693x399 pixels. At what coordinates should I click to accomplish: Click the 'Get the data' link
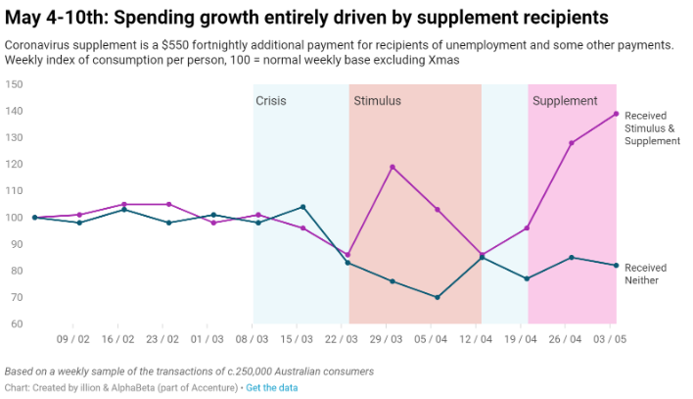pyautogui.click(x=272, y=388)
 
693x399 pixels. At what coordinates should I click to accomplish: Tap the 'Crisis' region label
pyautogui.click(x=271, y=101)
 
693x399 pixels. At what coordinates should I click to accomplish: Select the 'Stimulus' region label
pyautogui.click(x=377, y=101)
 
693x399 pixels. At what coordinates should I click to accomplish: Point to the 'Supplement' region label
pyautogui.click(x=565, y=101)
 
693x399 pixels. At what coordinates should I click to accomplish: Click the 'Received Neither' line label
pyautogui.click(x=645, y=274)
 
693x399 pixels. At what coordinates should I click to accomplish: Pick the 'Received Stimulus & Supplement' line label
pyautogui.click(x=652, y=128)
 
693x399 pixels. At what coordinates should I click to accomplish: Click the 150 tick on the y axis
pyautogui.click(x=15, y=84)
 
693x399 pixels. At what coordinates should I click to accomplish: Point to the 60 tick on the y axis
pyautogui.click(x=18, y=324)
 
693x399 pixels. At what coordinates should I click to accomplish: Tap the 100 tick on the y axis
pyautogui.click(x=15, y=218)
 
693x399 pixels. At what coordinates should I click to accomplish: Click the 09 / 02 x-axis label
pyautogui.click(x=74, y=339)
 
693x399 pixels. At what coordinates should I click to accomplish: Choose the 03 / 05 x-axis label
pyautogui.click(x=611, y=339)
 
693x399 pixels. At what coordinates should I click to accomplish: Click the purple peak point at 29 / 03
pyautogui.click(x=393, y=167)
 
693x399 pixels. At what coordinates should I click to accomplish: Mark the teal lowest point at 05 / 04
pyautogui.click(x=437, y=297)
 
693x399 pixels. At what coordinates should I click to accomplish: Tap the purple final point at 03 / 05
pyautogui.click(x=616, y=114)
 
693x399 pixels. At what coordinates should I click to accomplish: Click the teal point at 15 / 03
pyautogui.click(x=302, y=207)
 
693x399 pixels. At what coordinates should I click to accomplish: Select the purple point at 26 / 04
pyautogui.click(x=572, y=143)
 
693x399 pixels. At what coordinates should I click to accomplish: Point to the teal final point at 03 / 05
pyautogui.click(x=616, y=266)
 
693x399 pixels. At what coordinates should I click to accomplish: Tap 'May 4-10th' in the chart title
pyautogui.click(x=51, y=18)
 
